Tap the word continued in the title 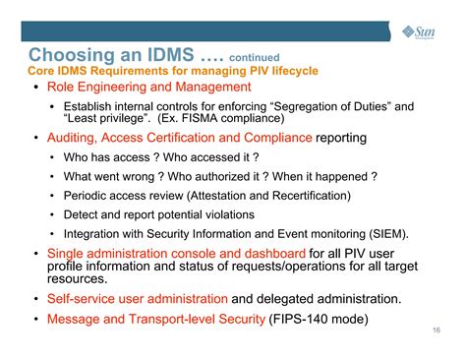coord(257,56)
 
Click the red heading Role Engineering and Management coord(162,87)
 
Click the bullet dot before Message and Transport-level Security coord(37,319)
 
